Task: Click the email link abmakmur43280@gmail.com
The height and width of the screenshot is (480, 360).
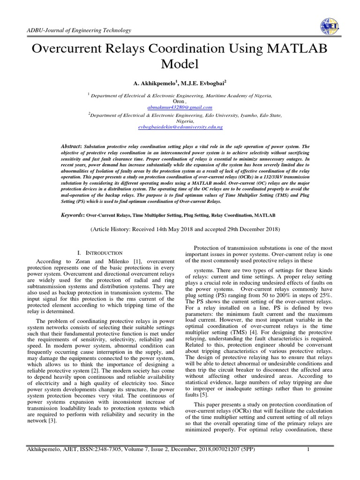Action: (180, 107)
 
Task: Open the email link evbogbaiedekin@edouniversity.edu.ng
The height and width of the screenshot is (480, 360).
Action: (180, 127)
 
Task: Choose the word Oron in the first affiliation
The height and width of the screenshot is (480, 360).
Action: (179, 101)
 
